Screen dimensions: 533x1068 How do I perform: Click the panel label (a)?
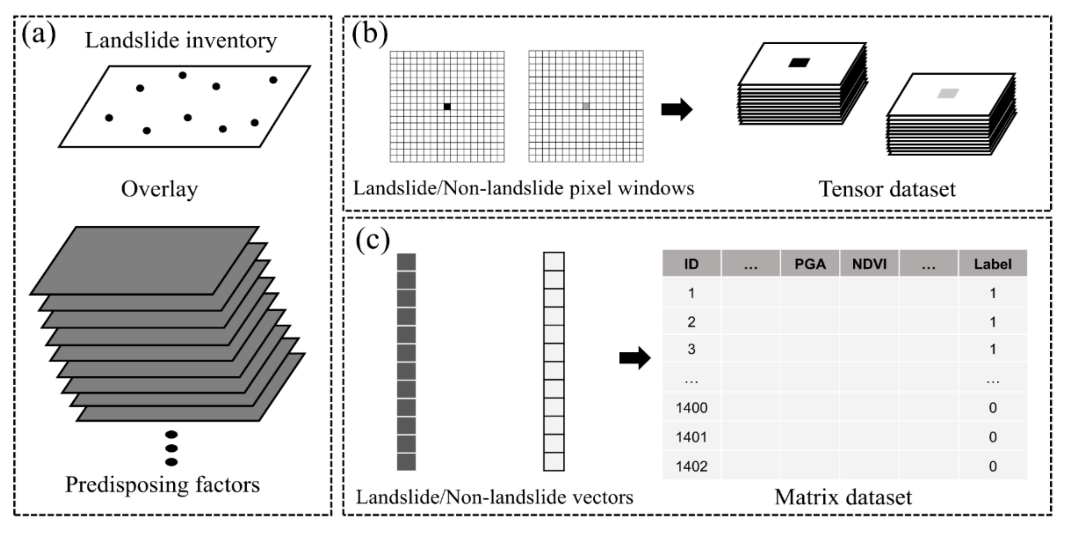pos(38,35)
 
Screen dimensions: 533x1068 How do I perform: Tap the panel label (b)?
pos(369,34)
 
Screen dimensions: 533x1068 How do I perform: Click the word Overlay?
pos(160,189)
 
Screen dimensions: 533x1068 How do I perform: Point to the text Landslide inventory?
pos(181,41)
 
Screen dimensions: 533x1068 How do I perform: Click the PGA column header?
pos(810,264)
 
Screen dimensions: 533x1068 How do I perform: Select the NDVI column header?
pos(869,264)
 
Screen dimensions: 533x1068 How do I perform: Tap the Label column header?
pos(992,264)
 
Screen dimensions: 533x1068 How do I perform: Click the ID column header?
pos(691,264)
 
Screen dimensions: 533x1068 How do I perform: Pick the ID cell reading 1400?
pos(691,408)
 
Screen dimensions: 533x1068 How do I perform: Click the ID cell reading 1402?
pos(691,466)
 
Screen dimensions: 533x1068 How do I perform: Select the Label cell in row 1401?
pos(992,437)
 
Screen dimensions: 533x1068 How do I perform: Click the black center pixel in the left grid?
pos(447,107)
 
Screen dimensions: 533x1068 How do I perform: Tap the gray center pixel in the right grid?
pos(586,106)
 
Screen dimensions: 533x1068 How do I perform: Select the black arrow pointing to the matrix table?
pos(635,358)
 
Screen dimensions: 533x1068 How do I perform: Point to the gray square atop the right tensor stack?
pos(948,94)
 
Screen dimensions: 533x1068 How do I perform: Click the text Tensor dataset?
pos(887,189)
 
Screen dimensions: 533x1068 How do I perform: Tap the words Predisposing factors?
pos(163,484)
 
